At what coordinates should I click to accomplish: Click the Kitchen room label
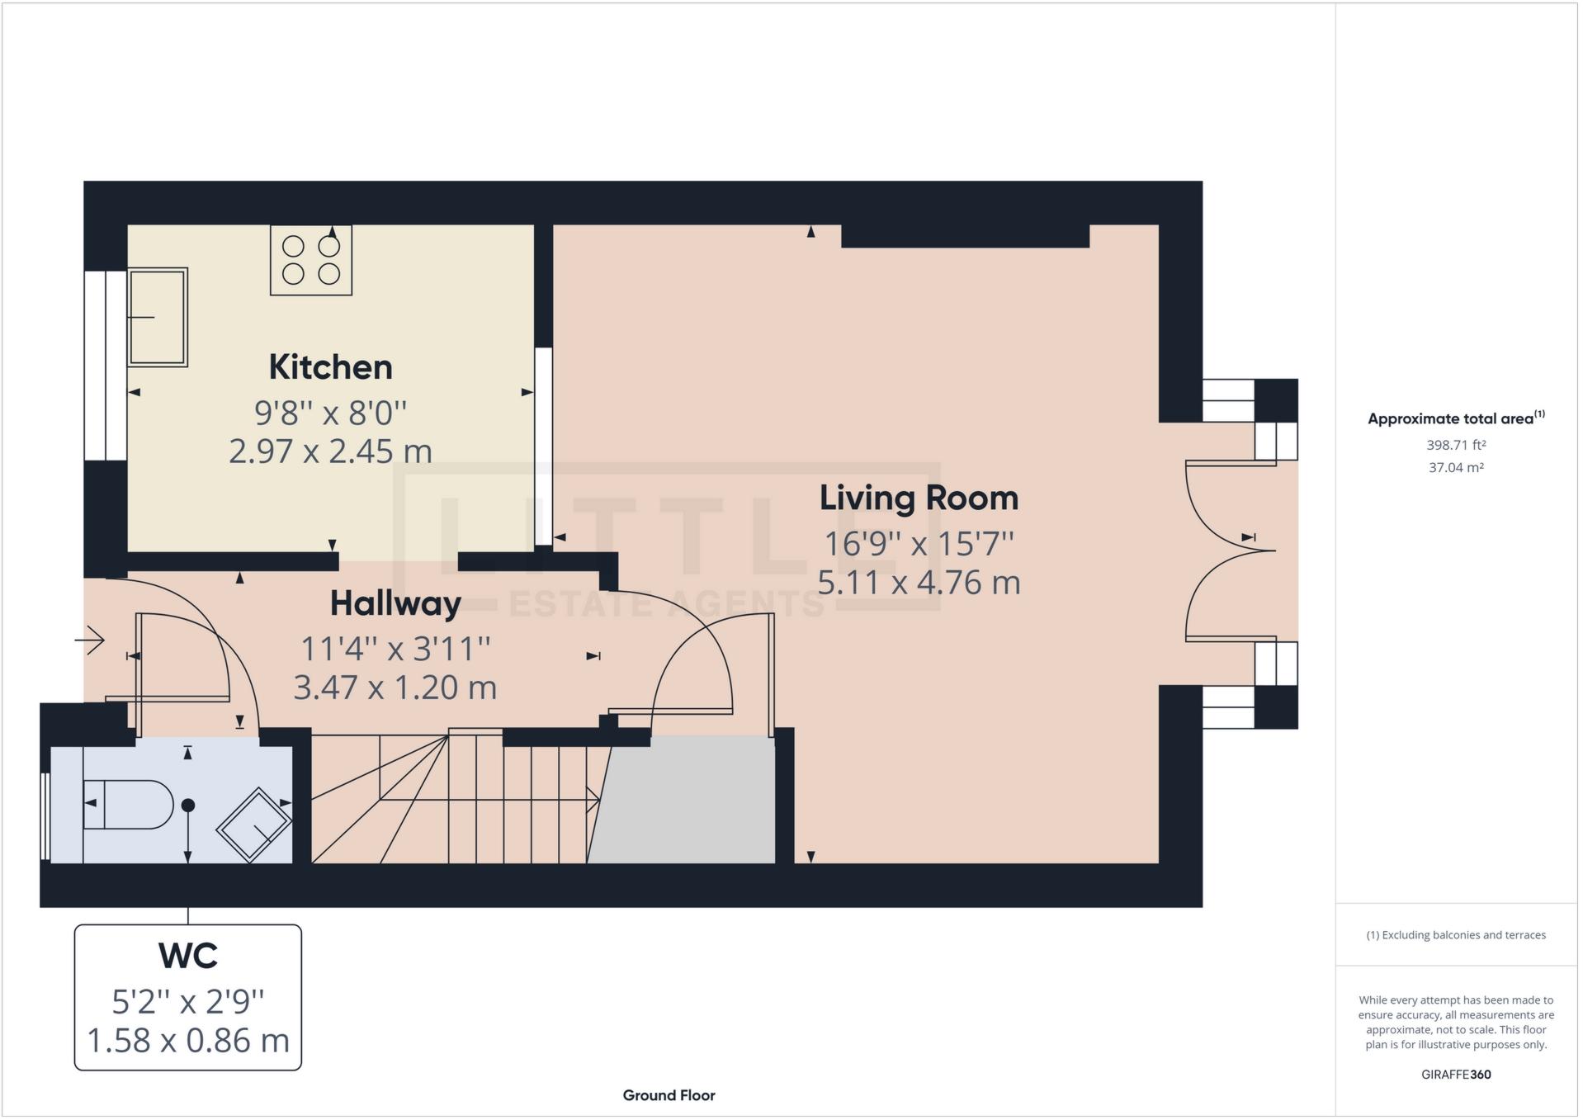[330, 367]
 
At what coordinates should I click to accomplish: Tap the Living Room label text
[918, 498]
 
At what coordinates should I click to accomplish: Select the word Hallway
[395, 603]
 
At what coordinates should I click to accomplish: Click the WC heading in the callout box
[188, 956]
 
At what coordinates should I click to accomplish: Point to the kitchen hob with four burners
[311, 260]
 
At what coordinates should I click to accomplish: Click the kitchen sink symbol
[158, 317]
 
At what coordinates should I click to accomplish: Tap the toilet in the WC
[129, 804]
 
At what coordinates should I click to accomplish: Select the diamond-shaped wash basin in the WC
[254, 825]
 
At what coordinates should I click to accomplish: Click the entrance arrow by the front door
[90, 640]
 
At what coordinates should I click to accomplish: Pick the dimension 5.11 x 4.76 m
[918, 583]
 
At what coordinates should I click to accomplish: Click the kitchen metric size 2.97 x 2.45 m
[330, 451]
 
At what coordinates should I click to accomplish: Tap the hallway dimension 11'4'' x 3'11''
[395, 649]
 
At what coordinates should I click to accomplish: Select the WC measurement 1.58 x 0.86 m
[188, 1041]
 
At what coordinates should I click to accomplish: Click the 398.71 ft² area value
[1456, 445]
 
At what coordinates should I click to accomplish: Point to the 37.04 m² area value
[1456, 468]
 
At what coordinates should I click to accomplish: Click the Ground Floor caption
[669, 1095]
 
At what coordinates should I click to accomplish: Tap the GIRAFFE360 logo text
[1456, 1075]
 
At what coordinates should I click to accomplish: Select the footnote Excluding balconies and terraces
[1456, 935]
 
